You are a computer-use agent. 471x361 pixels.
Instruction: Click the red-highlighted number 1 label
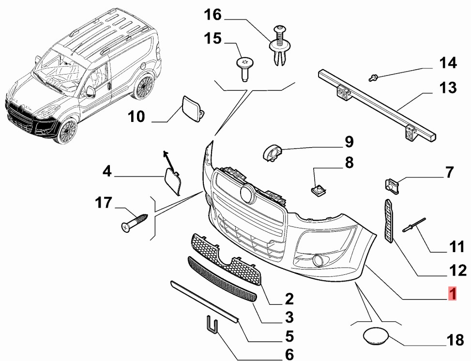[452, 293]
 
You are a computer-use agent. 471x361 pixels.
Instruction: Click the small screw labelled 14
[373, 76]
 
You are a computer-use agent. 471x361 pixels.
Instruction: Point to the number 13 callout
[448, 88]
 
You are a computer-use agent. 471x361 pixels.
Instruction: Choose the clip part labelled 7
[391, 185]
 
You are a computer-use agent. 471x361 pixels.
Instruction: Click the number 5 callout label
[289, 335]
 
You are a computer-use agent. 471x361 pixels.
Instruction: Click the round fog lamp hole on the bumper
[319, 262]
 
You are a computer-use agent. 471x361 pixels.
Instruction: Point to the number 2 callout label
[289, 298]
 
